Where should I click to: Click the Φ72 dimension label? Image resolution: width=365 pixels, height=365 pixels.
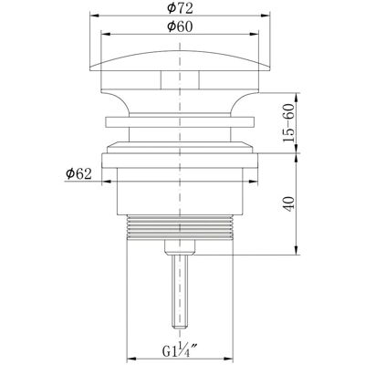(180, 8)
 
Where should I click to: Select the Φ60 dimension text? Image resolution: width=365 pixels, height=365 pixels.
(180, 26)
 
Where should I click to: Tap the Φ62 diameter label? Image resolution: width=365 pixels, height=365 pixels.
(78, 174)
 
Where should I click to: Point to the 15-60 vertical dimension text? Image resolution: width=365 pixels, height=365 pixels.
(288, 122)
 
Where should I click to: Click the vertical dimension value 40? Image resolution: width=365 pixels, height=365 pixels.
(288, 204)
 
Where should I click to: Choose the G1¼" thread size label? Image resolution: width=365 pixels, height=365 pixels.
(180, 352)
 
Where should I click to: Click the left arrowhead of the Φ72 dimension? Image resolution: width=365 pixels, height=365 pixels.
(94, 15)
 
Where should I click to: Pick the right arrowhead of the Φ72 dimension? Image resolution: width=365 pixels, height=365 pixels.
(266, 15)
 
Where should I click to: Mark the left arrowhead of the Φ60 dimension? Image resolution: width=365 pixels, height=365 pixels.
(105, 34)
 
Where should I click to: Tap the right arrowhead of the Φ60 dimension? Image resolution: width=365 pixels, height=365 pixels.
(254, 34)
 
